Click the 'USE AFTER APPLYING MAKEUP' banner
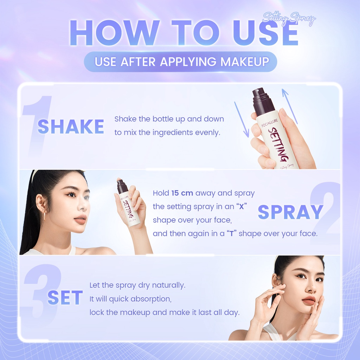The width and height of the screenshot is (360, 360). [x=180, y=62]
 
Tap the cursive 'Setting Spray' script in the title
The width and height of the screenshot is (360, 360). [x=289, y=18]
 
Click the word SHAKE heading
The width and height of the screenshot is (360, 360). [x=71, y=127]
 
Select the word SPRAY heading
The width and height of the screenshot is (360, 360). [x=290, y=212]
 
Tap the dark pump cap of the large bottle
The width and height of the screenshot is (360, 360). [x=263, y=102]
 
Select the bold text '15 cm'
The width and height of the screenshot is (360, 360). [x=182, y=193]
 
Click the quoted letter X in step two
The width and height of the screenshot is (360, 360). [x=242, y=207]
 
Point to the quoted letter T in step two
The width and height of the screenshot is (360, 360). [x=232, y=234]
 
